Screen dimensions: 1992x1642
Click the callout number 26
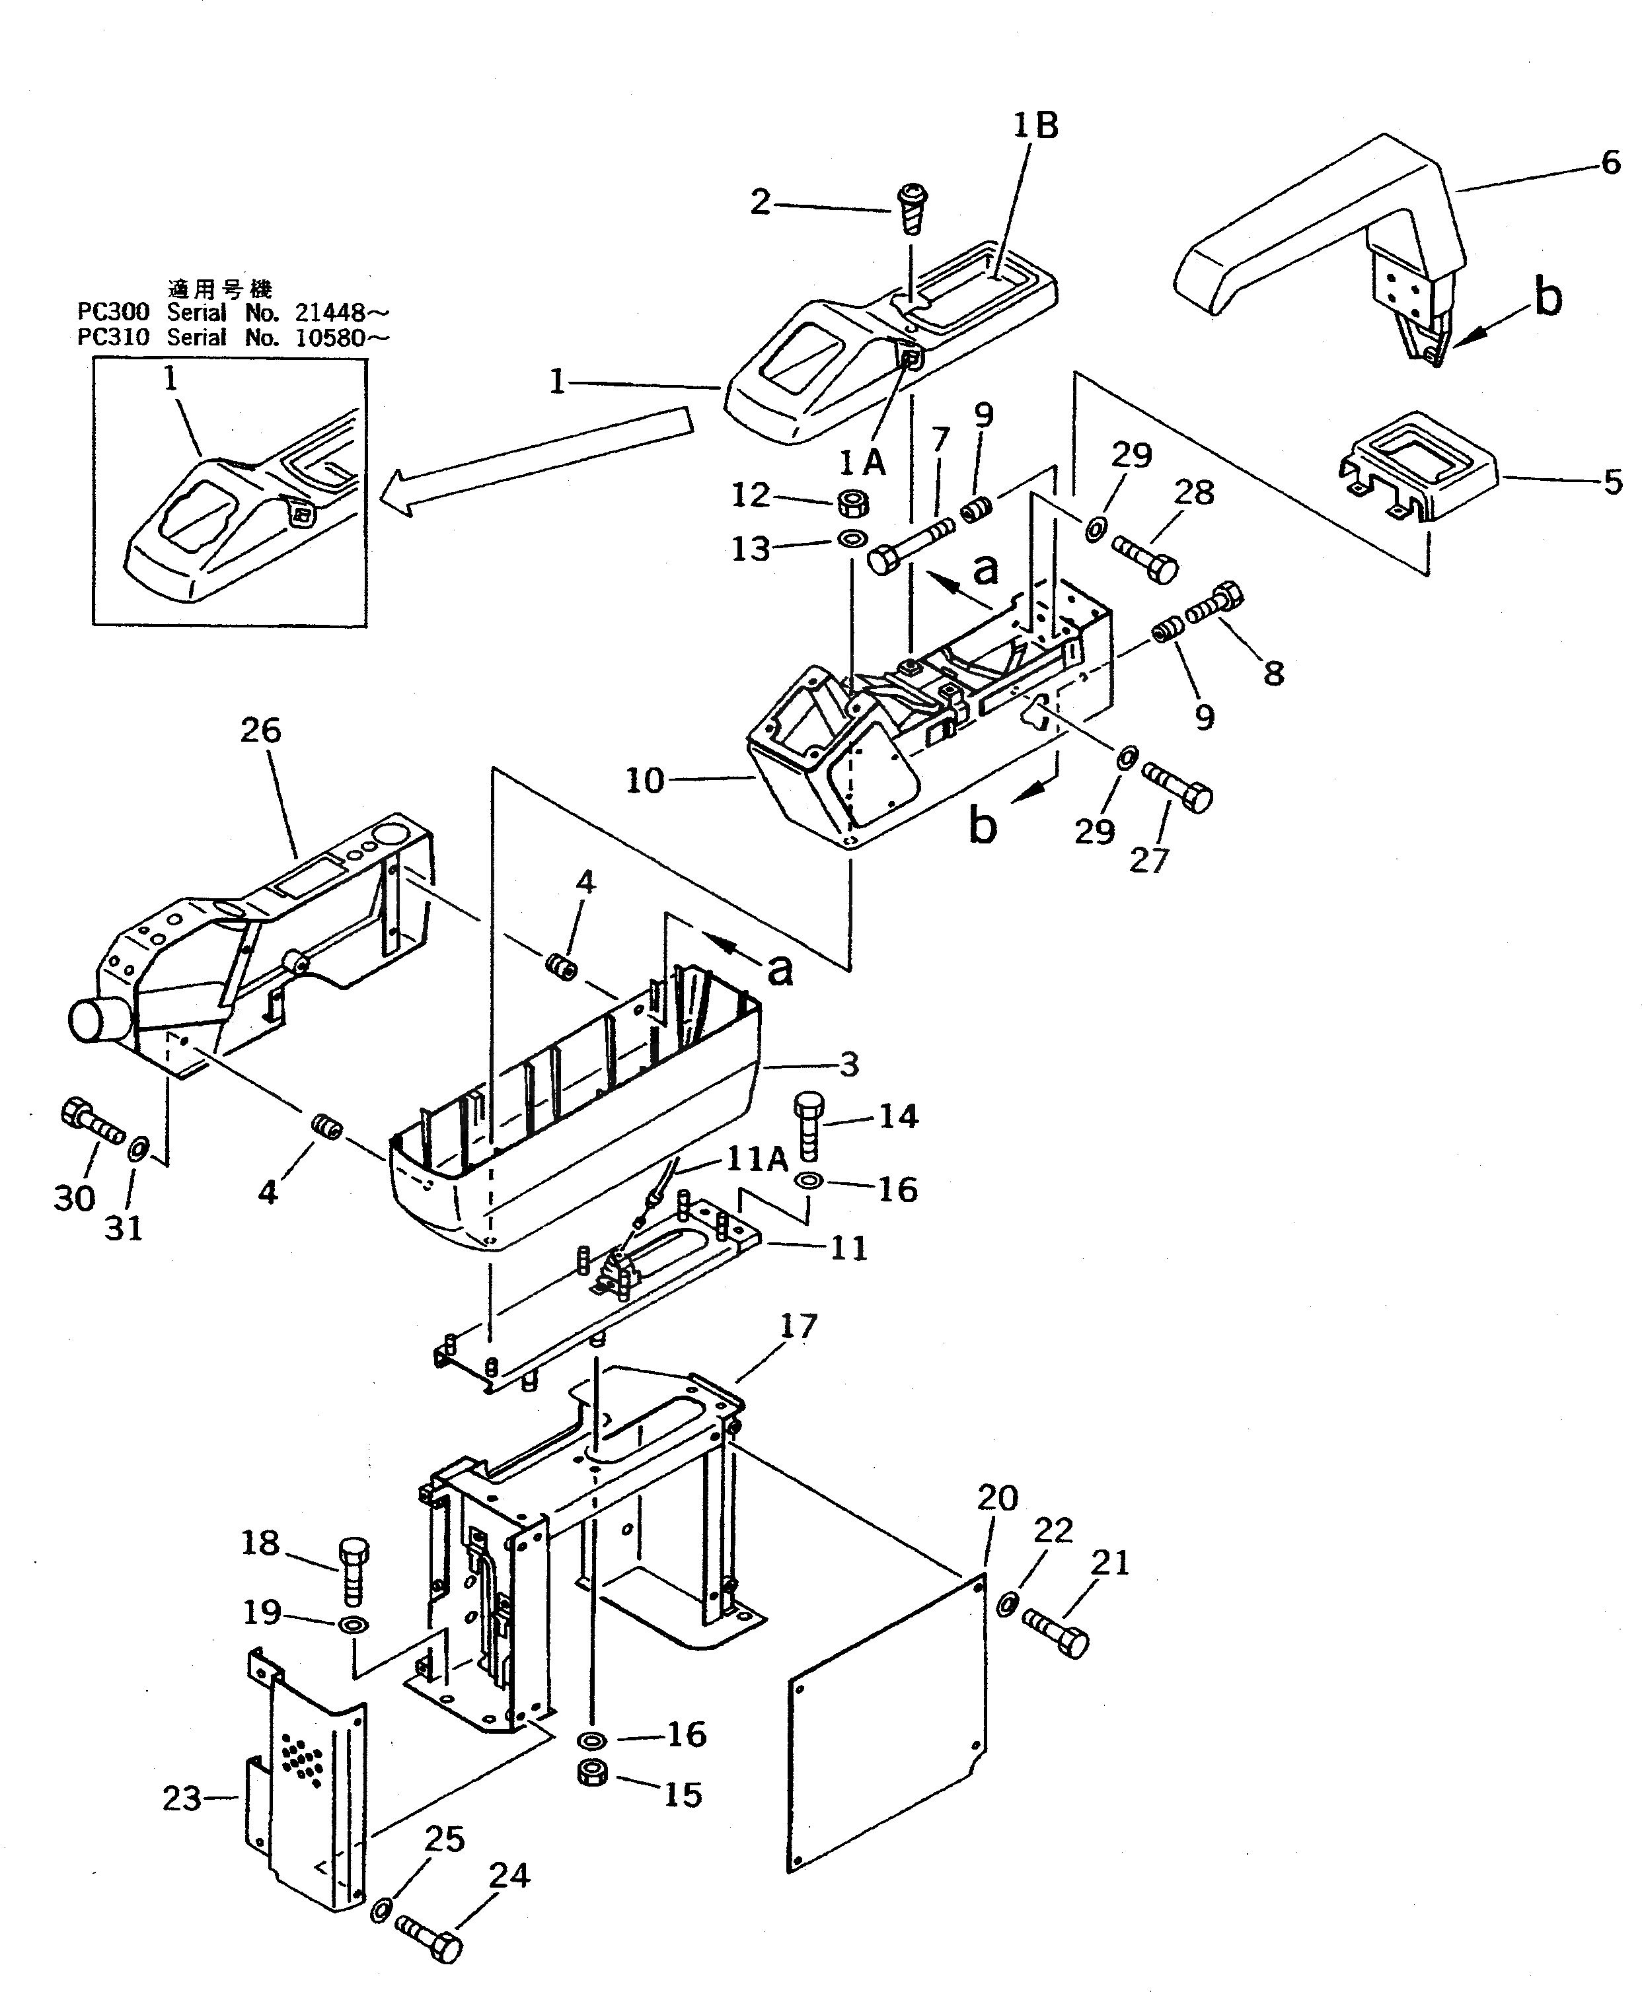coord(260,730)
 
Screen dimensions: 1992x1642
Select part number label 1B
coord(1035,125)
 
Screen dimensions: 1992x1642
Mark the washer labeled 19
coord(354,1626)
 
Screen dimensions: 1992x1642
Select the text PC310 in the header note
coord(112,338)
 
